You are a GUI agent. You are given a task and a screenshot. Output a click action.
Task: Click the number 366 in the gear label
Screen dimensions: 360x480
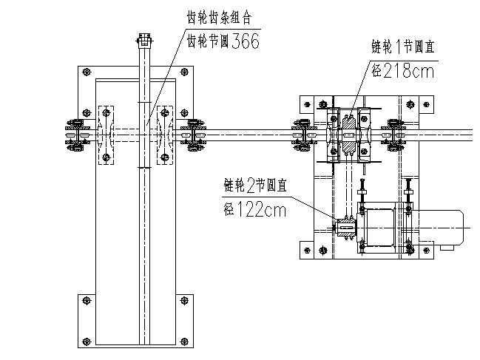pos(245,41)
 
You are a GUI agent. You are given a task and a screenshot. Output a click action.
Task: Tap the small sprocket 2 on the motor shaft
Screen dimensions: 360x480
pos(346,227)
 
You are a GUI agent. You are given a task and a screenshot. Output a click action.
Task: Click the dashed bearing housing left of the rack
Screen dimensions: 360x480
pos(107,135)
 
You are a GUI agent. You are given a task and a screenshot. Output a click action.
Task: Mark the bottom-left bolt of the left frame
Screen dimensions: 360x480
pos(87,300)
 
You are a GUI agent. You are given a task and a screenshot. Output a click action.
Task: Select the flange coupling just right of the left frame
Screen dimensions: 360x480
pos(195,135)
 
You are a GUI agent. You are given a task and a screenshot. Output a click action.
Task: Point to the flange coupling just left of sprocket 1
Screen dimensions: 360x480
pos(303,135)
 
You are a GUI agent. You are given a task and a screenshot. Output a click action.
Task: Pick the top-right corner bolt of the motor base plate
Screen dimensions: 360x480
pos(425,105)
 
